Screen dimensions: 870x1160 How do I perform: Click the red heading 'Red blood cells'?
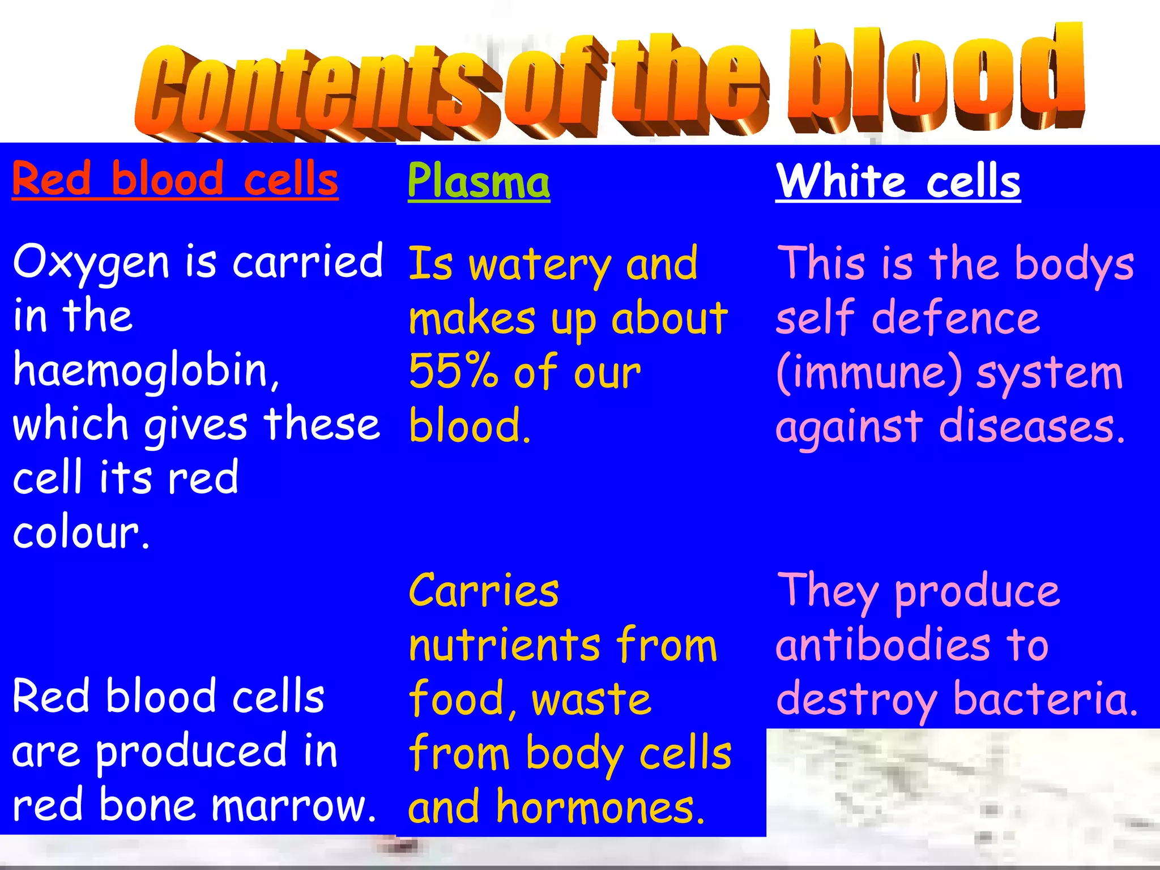point(175,180)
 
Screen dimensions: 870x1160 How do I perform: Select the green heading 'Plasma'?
point(479,181)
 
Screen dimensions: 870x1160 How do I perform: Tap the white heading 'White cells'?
point(898,181)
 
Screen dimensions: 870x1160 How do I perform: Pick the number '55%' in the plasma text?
point(453,372)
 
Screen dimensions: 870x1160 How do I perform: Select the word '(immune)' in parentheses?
point(869,374)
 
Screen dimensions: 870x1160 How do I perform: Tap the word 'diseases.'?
point(1032,427)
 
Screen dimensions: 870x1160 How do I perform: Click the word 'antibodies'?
point(883,645)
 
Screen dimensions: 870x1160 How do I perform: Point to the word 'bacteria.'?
point(1045,698)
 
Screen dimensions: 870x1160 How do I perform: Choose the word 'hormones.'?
point(600,807)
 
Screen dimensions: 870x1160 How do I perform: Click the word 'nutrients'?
point(504,645)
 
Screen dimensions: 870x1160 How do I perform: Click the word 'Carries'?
point(484,591)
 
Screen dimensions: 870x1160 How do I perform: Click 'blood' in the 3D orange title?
point(935,79)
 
